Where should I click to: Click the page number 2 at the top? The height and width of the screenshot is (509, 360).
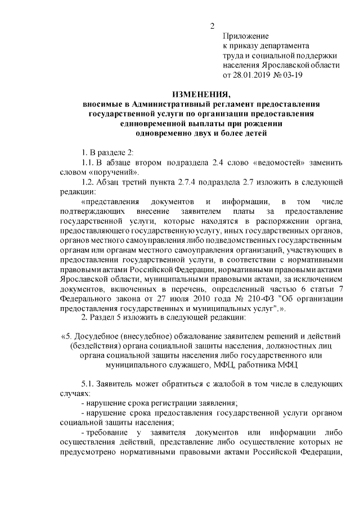[212, 25]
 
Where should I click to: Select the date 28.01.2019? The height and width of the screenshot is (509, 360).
[252, 75]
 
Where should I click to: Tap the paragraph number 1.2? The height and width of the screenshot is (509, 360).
[89, 182]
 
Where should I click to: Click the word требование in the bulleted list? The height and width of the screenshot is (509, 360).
[109, 432]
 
